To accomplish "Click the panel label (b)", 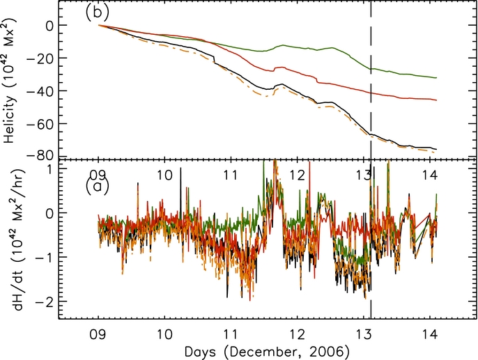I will click(x=98, y=14).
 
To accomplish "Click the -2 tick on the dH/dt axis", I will click(x=46, y=300).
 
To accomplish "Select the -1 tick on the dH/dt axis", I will click(x=46, y=257).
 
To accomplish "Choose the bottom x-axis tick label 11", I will click(x=231, y=333).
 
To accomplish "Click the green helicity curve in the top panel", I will click(x=314, y=49).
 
